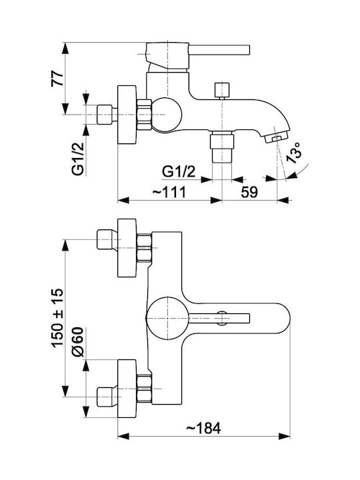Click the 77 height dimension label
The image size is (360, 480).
coord(57,79)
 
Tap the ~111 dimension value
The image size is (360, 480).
coord(169,192)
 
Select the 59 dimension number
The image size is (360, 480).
coord(249,192)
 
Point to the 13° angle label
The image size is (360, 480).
coord(293,153)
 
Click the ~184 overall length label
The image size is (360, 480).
coord(203,428)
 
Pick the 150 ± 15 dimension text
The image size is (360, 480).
coord(57,317)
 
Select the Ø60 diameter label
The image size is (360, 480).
coord(77,342)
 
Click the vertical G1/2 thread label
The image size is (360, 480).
coord(78,159)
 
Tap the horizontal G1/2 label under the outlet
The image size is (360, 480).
coord(179,172)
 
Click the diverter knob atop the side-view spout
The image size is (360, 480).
coord(222,90)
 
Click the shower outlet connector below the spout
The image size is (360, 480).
coord(222,147)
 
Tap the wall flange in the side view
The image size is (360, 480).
coord(127,115)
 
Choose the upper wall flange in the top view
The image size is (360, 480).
coord(127,248)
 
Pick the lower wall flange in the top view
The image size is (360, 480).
coord(127,389)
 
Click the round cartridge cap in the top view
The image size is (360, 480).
coord(167,319)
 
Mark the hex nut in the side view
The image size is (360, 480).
coord(145,115)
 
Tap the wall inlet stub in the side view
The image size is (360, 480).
coord(105,115)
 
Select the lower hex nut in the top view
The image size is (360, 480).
coord(144,389)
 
